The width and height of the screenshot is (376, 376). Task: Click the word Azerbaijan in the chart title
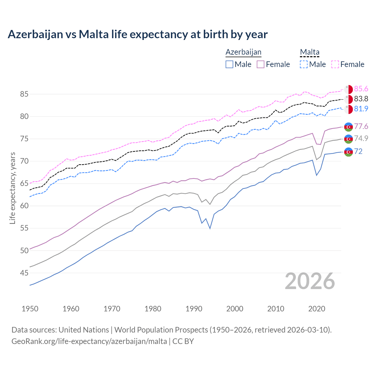(35, 34)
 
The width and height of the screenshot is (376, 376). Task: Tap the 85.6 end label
(361, 89)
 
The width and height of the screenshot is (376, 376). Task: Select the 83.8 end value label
(361, 99)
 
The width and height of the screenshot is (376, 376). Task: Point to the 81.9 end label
(361, 109)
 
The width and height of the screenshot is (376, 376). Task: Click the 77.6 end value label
(361, 127)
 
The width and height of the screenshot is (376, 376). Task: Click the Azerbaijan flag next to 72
(348, 152)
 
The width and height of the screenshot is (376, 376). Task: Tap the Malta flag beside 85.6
(348, 89)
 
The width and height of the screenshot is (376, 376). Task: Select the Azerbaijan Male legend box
(229, 64)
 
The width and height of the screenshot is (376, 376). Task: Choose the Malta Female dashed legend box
(335, 64)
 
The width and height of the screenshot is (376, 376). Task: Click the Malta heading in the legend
(310, 52)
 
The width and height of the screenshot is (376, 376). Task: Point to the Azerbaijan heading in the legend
(243, 52)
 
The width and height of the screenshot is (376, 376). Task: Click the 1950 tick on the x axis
(30, 309)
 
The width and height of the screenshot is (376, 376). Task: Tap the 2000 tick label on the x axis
(235, 309)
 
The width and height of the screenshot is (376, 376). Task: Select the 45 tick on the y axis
(24, 273)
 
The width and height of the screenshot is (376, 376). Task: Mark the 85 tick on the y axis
(24, 94)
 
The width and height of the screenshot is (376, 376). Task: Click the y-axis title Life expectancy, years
(13, 188)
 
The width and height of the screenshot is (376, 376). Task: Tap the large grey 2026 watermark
(310, 281)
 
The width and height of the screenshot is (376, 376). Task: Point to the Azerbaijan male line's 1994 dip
(210, 228)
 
